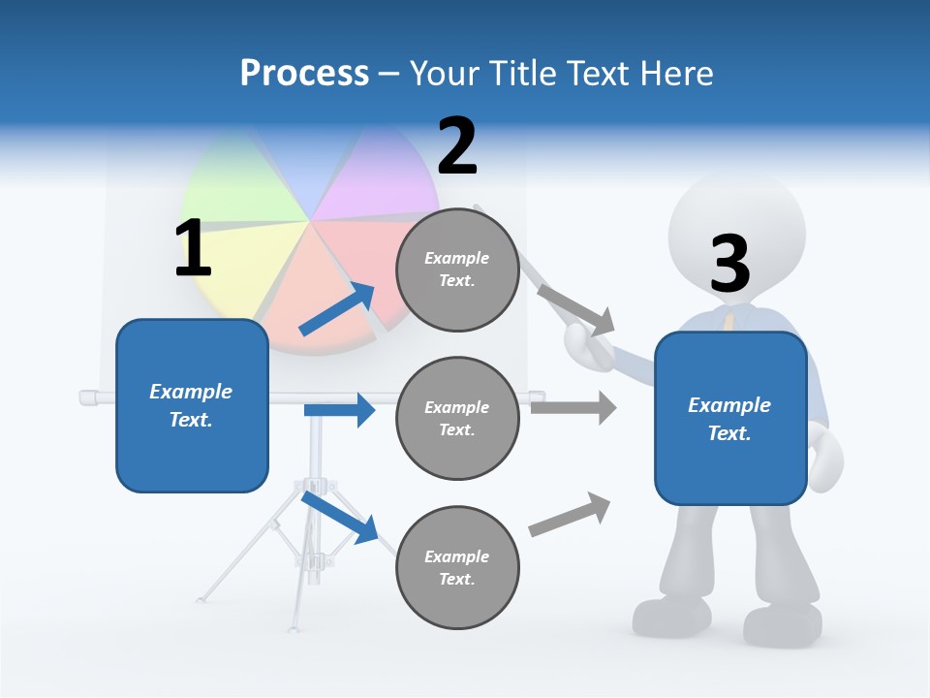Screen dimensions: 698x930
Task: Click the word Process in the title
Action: click(304, 74)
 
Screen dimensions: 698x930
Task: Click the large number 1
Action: click(193, 248)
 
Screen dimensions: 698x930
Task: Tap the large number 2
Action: click(457, 145)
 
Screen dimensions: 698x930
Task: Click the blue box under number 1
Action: click(192, 405)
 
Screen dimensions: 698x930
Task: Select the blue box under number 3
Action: click(730, 418)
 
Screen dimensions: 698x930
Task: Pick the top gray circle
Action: click(458, 270)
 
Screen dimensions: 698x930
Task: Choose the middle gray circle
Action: click(458, 418)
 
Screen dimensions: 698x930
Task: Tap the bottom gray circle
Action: click(458, 567)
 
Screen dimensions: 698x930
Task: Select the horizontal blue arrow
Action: click(339, 410)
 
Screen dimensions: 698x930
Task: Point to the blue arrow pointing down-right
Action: click(339, 517)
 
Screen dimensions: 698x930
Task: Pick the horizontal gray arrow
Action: click(573, 407)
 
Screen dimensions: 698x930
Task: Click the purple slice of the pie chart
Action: click(363, 179)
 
